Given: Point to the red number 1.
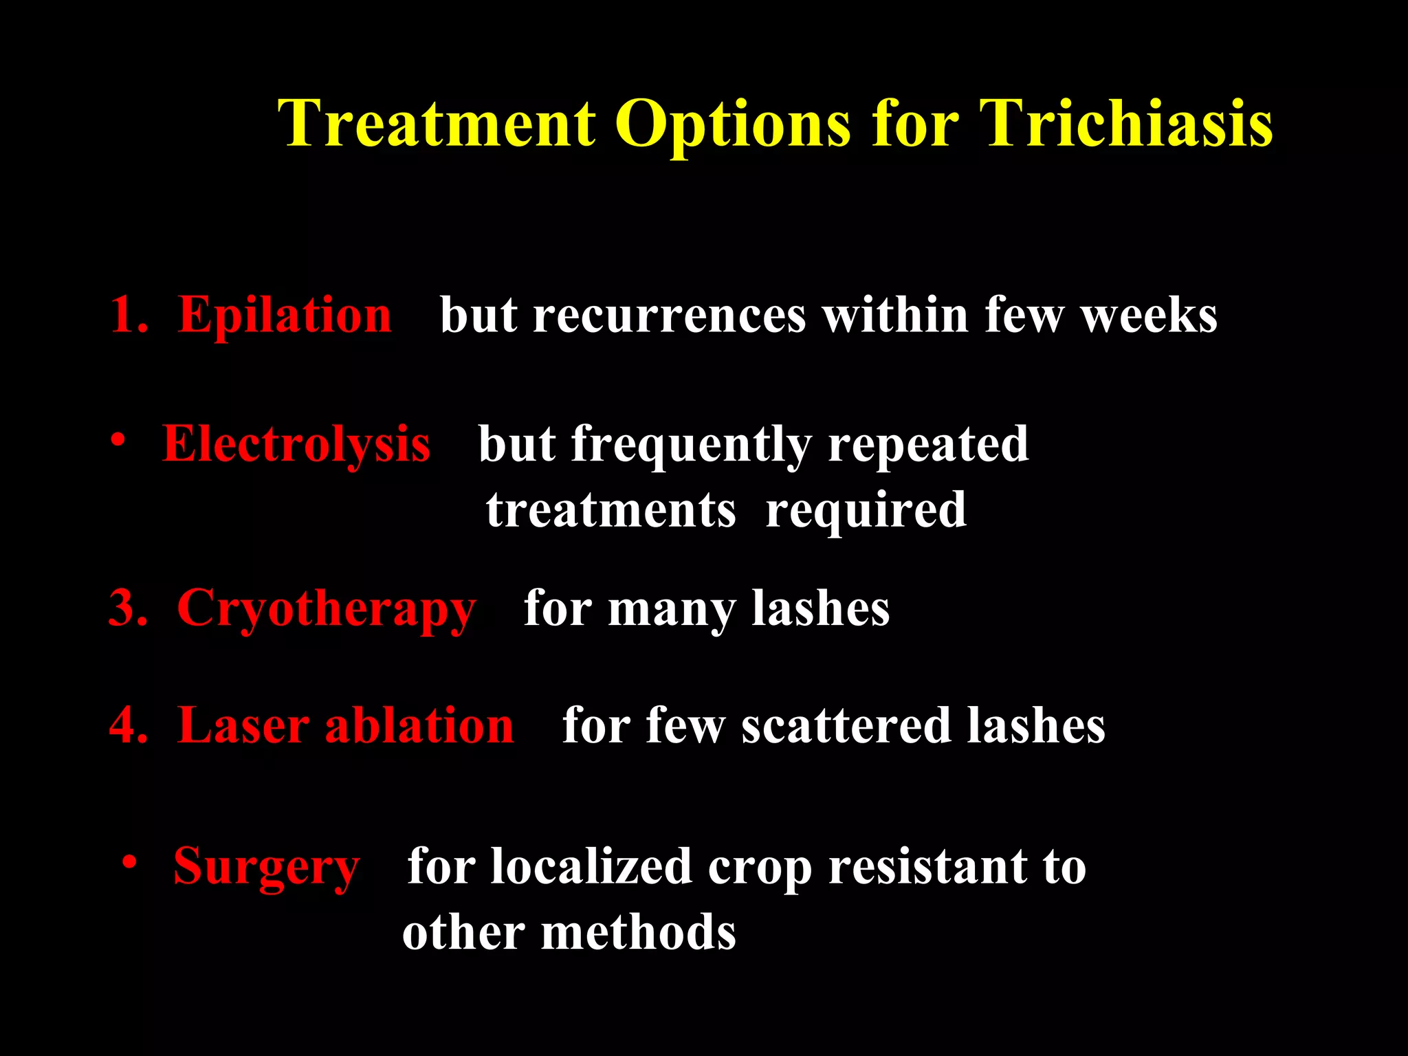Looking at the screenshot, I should tap(124, 316).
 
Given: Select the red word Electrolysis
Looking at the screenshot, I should tap(296, 445).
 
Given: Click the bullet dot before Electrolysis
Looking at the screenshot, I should tap(118, 439).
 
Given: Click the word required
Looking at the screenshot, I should tap(866, 511).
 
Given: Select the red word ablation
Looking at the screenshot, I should tap(419, 726).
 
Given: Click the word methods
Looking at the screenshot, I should tap(639, 934).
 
